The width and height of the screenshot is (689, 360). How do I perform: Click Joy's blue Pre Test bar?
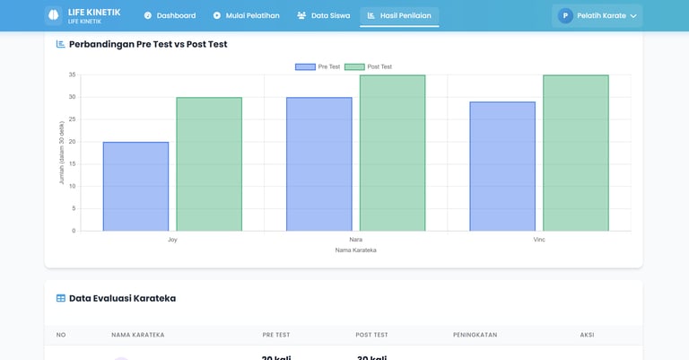[x=135, y=187]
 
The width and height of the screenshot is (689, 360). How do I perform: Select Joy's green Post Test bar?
[x=209, y=164]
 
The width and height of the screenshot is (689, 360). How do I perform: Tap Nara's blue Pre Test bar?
[x=318, y=164]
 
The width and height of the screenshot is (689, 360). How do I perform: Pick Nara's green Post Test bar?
[x=392, y=154]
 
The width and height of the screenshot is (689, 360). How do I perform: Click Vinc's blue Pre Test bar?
[x=502, y=166]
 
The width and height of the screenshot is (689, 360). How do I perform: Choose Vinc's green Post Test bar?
[x=575, y=154]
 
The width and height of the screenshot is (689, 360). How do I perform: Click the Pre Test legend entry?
[x=318, y=67]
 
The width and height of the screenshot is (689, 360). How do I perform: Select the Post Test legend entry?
[x=369, y=67]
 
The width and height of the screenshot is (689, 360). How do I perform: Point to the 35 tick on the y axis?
[x=72, y=75]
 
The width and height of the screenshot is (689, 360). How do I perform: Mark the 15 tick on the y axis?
[x=72, y=164]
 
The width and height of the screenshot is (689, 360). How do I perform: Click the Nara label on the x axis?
[x=355, y=240]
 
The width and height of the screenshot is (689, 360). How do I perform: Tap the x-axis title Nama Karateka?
[x=355, y=250]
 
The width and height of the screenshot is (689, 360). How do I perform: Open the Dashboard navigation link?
[x=170, y=15]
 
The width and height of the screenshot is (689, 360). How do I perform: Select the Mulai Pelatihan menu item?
[x=246, y=15]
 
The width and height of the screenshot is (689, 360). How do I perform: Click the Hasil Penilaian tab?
[x=399, y=15]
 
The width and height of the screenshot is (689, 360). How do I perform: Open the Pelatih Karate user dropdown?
[x=597, y=15]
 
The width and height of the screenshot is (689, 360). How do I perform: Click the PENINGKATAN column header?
[x=475, y=335]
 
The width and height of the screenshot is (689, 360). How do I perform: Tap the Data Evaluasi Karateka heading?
[x=122, y=298]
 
